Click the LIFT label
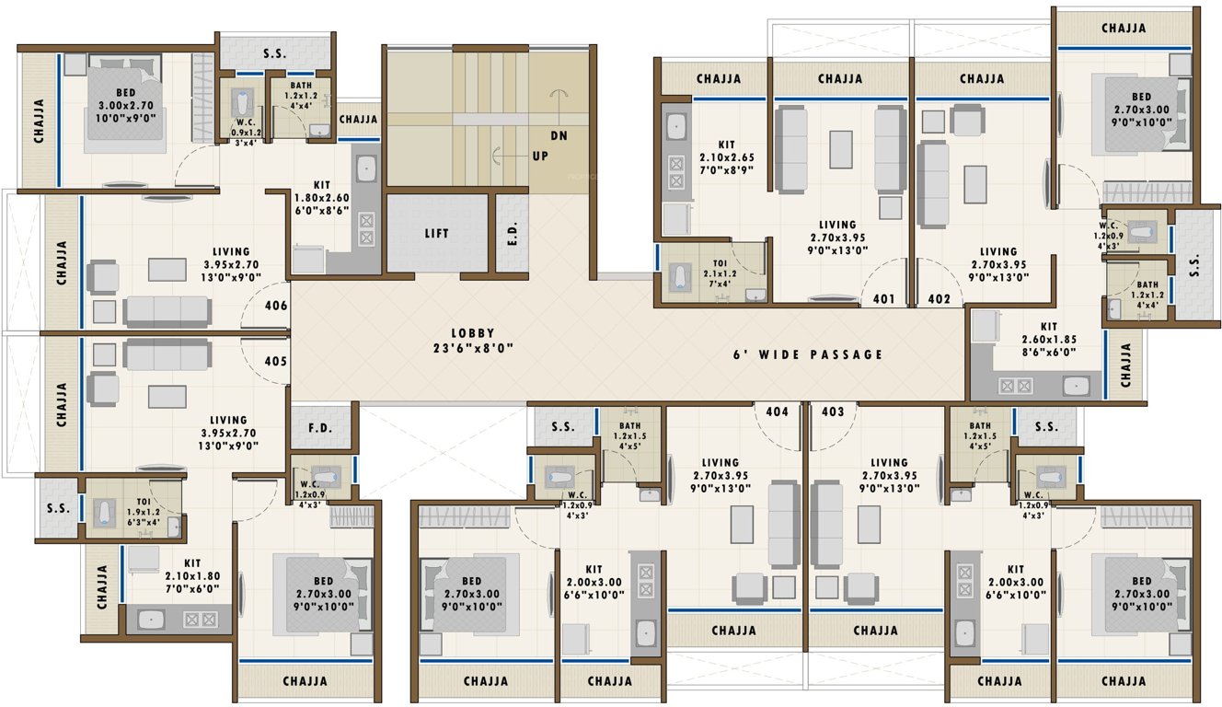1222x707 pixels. coord(437,233)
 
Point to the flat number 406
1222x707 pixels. coord(275,306)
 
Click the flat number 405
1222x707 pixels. coord(275,361)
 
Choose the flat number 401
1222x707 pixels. coord(884,299)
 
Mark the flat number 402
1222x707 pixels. coord(939,299)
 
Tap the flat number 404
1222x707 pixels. coord(778,411)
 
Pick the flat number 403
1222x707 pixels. coord(833,411)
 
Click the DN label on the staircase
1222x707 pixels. coord(559,135)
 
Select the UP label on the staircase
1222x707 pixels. coord(539,156)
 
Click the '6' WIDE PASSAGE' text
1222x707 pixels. coord(808,354)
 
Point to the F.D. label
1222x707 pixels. coord(320,427)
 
